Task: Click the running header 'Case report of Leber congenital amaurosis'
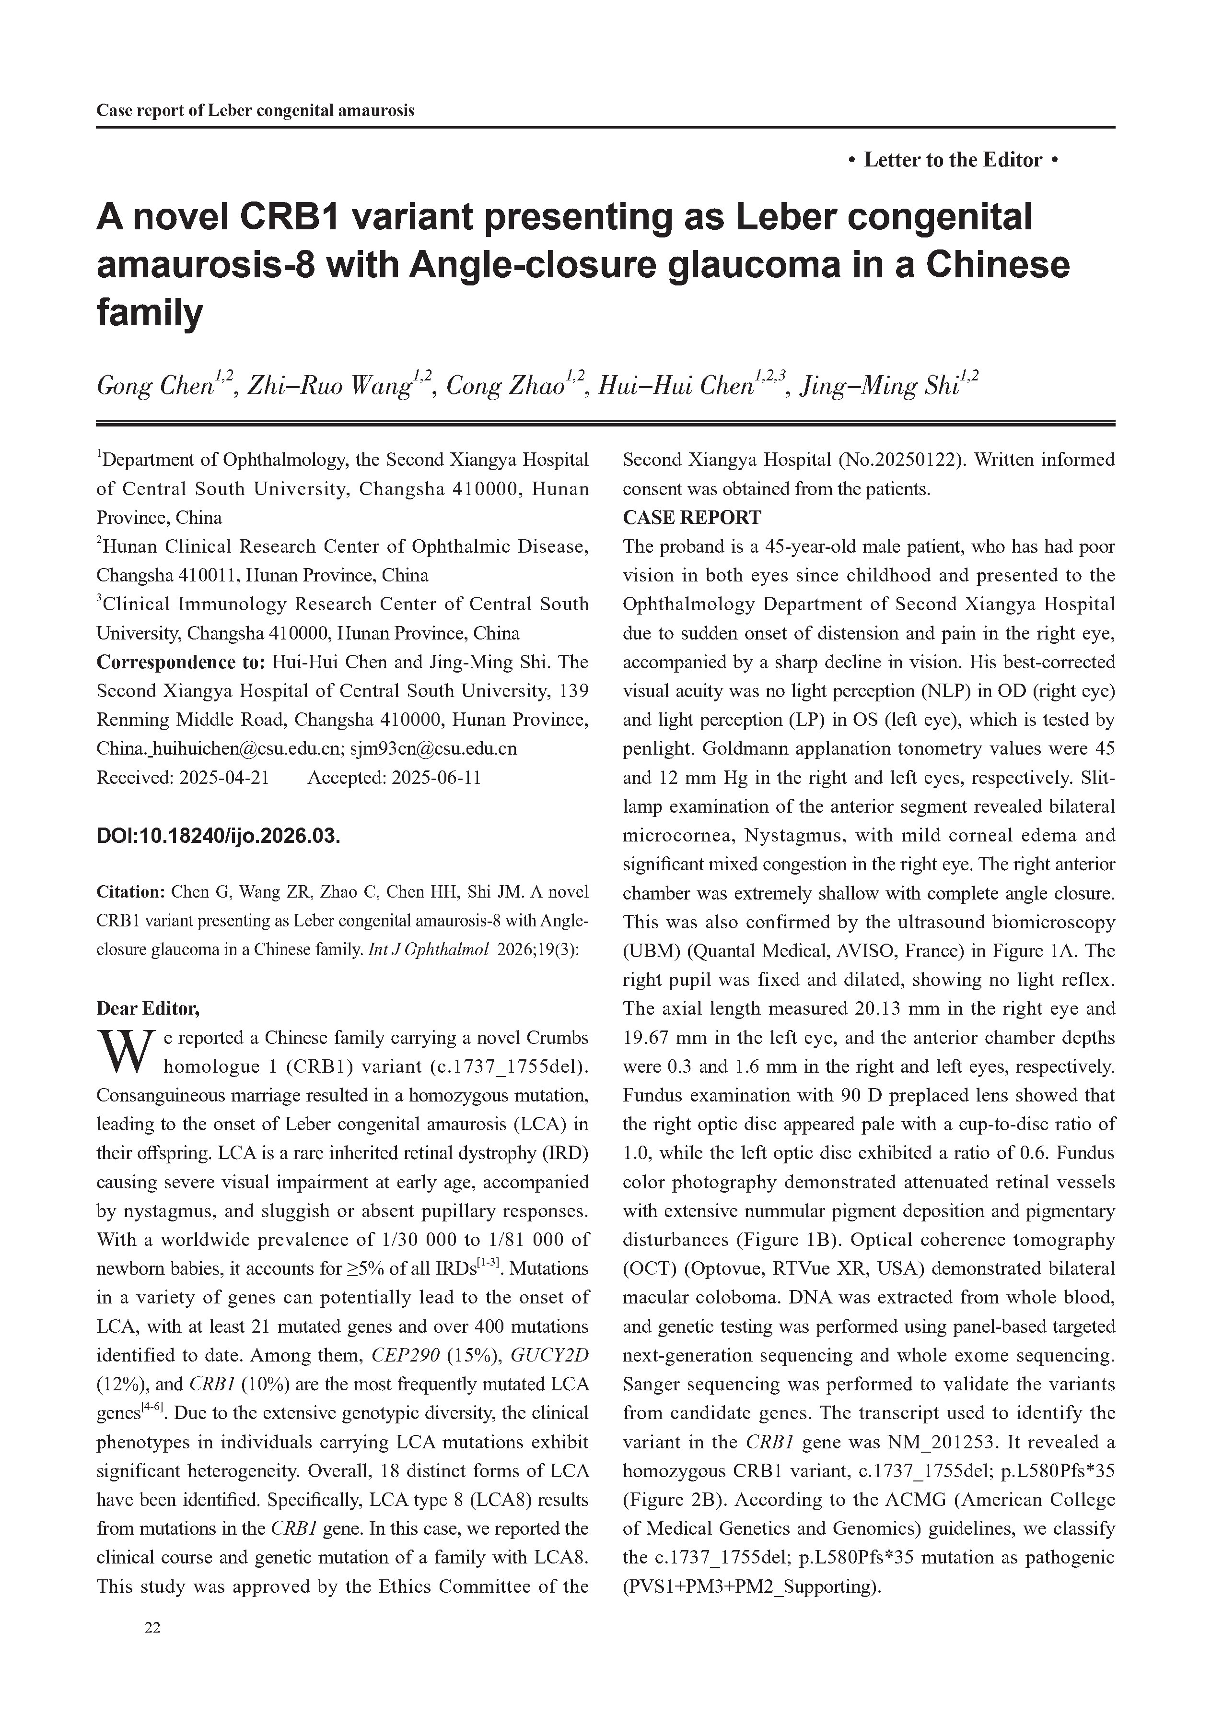tap(256, 111)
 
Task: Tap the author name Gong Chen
tap(154, 387)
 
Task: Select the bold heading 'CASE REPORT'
tap(691, 518)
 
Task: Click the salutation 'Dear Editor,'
tap(148, 1008)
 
